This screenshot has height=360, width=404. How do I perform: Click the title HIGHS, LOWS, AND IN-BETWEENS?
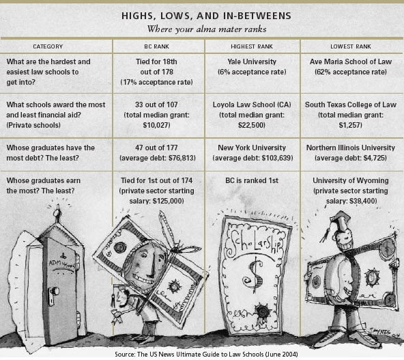(x=206, y=16)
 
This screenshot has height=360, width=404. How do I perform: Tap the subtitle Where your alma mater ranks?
(x=207, y=29)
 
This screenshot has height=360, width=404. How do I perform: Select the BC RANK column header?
(x=157, y=46)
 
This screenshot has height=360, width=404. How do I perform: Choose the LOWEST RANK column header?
(x=351, y=46)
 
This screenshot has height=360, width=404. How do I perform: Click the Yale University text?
(x=252, y=61)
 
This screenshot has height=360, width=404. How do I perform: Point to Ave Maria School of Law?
(x=351, y=61)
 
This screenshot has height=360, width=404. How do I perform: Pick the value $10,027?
(x=156, y=125)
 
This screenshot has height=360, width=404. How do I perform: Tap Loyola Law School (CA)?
(x=252, y=105)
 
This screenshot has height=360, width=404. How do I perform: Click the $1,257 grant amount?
(x=351, y=125)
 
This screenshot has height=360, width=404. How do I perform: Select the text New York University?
(x=252, y=148)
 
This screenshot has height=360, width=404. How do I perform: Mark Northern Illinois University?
(x=351, y=148)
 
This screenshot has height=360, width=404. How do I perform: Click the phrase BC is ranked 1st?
(x=252, y=180)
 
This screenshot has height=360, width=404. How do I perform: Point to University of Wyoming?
(x=351, y=180)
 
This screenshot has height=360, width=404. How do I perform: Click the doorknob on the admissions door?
(x=55, y=291)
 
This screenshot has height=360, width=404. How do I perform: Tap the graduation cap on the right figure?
(x=340, y=219)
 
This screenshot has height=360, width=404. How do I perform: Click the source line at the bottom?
(x=206, y=354)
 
